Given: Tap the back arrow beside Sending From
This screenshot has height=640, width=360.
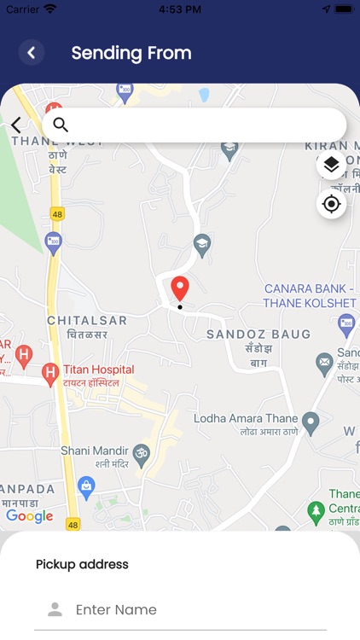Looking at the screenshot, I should [x=32, y=53].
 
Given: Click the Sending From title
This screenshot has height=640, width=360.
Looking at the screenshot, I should [x=131, y=53].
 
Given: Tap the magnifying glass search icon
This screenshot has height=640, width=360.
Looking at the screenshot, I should [x=61, y=125].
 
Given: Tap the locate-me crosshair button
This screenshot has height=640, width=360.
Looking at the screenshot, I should [x=332, y=205].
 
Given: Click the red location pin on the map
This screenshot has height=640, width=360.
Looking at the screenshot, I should [x=179, y=288].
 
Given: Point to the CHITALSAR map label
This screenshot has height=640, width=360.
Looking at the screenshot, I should [x=87, y=321].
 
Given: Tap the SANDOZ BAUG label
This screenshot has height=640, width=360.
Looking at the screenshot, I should [x=258, y=334].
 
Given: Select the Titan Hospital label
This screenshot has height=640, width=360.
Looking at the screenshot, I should [x=98, y=369].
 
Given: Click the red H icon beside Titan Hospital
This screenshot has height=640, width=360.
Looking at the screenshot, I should [x=50, y=371].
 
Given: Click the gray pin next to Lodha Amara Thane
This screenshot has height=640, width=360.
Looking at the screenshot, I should [x=311, y=421].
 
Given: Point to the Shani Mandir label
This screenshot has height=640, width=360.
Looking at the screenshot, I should [x=94, y=451].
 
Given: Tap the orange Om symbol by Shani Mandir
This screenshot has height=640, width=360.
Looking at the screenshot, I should [x=141, y=451].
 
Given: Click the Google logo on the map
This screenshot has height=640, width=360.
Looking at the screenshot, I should [x=30, y=516].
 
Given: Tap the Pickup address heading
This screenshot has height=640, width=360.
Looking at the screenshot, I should [x=82, y=564].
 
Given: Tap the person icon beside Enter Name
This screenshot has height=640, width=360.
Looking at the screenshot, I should [x=55, y=609].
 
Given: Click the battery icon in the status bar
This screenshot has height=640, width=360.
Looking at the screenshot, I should [x=343, y=9].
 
